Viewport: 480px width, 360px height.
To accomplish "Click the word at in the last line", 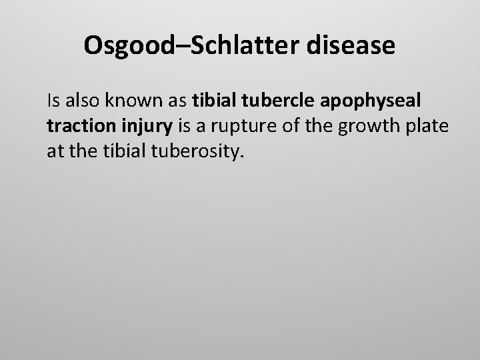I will (55, 151).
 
